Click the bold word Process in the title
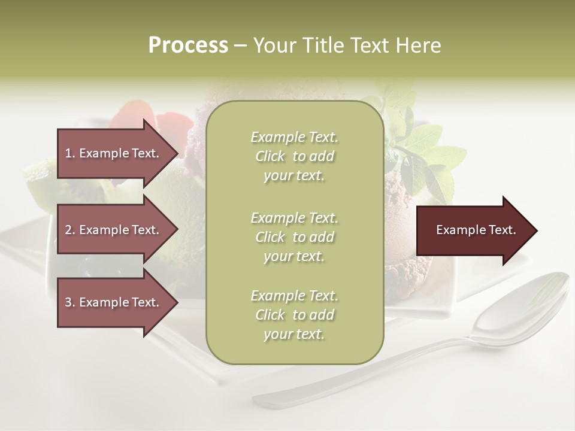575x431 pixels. tap(188, 45)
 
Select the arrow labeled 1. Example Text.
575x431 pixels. tap(114, 153)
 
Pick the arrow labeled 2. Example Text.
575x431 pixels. tap(114, 230)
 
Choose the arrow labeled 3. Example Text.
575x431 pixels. tap(114, 302)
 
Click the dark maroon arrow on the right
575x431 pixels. tap(473, 230)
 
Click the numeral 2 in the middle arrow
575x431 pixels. tap(68, 230)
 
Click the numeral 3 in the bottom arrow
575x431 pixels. tap(68, 302)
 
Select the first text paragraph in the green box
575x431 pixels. tap(294, 156)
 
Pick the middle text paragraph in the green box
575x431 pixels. tap(294, 236)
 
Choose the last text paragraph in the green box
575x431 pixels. tap(294, 315)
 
